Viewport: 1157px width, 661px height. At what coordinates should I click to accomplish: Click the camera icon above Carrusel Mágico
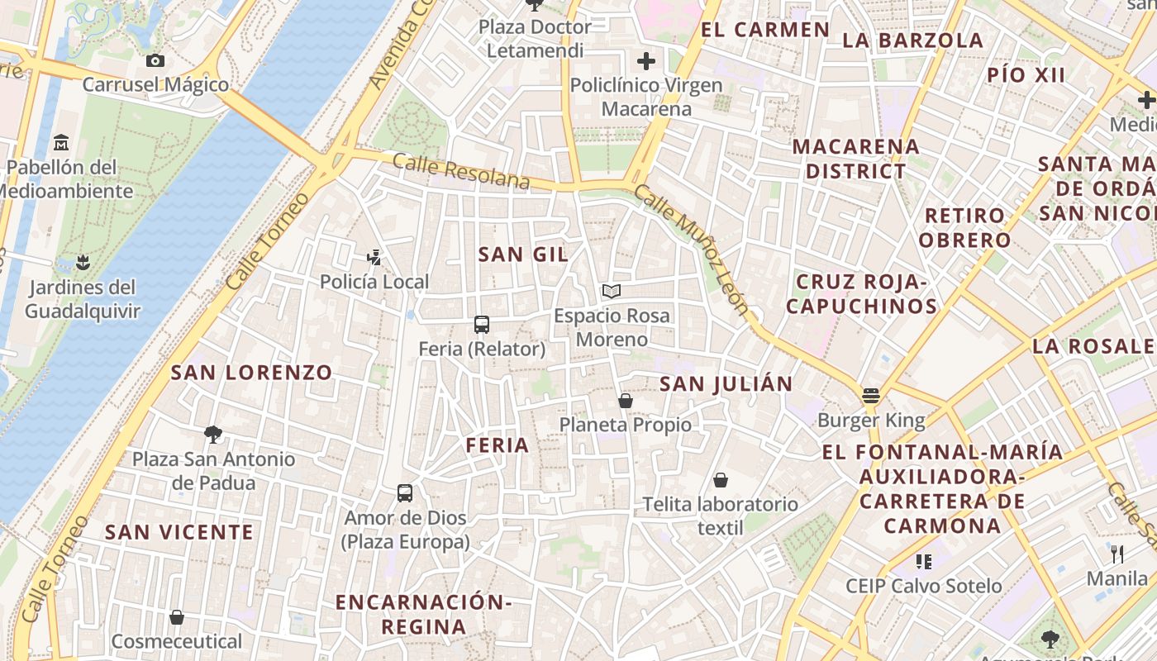155,60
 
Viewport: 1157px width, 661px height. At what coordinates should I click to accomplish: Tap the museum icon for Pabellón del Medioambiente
60,143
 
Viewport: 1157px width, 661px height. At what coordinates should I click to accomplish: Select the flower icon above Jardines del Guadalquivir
82,264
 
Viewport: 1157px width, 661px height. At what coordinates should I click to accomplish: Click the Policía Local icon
374,258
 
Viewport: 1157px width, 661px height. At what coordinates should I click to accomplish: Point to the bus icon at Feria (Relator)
482,325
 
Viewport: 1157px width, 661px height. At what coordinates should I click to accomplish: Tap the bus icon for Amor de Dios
405,493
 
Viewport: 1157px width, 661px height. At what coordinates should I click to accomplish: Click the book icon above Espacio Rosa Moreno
612,292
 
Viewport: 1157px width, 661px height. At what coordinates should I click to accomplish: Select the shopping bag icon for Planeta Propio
626,401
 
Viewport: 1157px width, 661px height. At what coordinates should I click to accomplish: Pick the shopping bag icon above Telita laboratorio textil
721,480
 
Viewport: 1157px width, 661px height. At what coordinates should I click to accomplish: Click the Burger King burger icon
870,396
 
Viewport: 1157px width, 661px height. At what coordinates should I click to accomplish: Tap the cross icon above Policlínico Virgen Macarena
646,61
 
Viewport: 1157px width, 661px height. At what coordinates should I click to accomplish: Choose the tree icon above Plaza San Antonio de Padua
213,435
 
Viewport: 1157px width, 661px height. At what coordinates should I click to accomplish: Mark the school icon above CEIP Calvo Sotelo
924,562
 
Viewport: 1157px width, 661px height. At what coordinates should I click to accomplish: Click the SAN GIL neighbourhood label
523,254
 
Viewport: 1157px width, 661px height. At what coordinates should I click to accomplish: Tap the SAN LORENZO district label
251,373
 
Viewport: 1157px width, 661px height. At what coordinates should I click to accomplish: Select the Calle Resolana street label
460,170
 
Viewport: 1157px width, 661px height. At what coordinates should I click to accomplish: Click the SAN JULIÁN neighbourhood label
726,383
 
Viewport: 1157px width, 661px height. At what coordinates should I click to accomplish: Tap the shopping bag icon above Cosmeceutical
177,617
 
